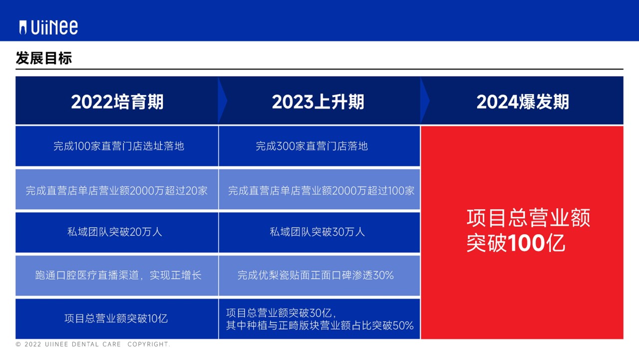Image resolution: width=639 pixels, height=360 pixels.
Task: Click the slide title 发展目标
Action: tap(44, 58)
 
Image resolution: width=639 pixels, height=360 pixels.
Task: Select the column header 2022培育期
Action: tap(117, 102)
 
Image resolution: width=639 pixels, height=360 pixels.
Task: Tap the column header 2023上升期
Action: tap(318, 102)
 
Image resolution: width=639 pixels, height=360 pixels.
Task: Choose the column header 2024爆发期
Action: tap(523, 102)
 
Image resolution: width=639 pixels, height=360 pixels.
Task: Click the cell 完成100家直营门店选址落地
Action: tap(119, 146)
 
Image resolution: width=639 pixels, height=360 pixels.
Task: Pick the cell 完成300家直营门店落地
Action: tap(312, 146)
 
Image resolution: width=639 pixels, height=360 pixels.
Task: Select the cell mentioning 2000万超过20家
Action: tap(117, 190)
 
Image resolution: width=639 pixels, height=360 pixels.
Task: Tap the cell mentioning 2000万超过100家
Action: tap(321, 190)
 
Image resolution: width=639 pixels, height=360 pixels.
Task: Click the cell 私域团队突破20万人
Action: tap(115, 232)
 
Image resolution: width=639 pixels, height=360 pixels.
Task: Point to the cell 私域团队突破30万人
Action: tap(318, 232)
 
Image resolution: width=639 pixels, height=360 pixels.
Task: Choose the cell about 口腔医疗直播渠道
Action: tap(118, 275)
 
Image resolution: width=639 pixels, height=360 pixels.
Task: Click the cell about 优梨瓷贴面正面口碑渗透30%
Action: tap(316, 275)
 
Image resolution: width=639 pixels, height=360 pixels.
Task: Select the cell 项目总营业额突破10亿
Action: tap(116, 318)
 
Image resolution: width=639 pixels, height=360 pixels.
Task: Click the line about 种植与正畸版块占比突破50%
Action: tap(319, 325)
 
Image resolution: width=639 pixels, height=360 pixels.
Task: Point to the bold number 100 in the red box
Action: tap(526, 243)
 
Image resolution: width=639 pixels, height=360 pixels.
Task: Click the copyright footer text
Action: tap(93, 344)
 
